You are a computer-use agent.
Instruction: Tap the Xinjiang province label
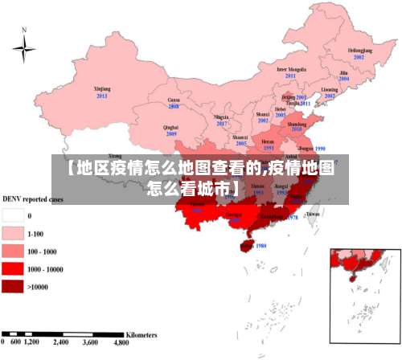tap(102, 89)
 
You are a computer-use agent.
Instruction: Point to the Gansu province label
tap(173, 100)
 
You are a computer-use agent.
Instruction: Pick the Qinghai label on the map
tap(170, 127)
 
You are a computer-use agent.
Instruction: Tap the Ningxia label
tap(222, 117)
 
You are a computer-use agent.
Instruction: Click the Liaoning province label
tap(330, 89)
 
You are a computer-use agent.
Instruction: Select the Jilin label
tap(343, 72)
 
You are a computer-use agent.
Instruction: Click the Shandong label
tap(297, 123)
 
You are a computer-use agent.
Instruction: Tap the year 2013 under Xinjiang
tap(102, 96)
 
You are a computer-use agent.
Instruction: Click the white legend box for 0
tap(13, 215)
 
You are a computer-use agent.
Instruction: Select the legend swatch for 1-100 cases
tap(13, 233)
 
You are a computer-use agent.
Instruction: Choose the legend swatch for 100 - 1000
tap(13, 251)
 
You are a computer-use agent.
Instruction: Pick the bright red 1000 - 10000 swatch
tap(13, 268)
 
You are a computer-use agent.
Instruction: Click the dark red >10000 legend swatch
tap(13, 286)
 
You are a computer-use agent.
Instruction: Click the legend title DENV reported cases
tap(33, 198)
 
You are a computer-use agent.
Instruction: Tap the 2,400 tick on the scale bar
tap(61, 342)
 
